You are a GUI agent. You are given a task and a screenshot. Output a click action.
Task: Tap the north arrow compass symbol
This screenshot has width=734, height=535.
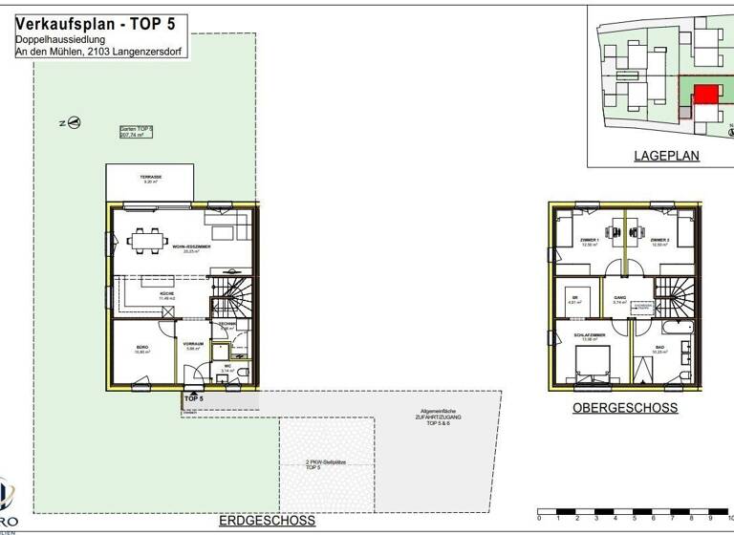(75, 122)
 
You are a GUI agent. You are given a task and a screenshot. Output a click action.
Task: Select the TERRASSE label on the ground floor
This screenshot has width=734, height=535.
(151, 178)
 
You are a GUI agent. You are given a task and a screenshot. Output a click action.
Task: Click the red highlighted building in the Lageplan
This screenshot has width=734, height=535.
(705, 94)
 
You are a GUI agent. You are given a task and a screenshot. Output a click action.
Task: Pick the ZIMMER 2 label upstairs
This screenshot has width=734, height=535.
(660, 241)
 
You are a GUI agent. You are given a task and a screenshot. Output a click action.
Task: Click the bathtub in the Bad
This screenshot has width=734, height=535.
(682, 330)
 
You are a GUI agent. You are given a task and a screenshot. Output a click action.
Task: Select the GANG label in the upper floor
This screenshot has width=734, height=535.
(619, 297)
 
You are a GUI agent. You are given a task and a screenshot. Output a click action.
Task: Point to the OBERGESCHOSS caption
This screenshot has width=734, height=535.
(624, 408)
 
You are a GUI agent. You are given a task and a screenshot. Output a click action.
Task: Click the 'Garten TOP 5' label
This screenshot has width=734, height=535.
(137, 131)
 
